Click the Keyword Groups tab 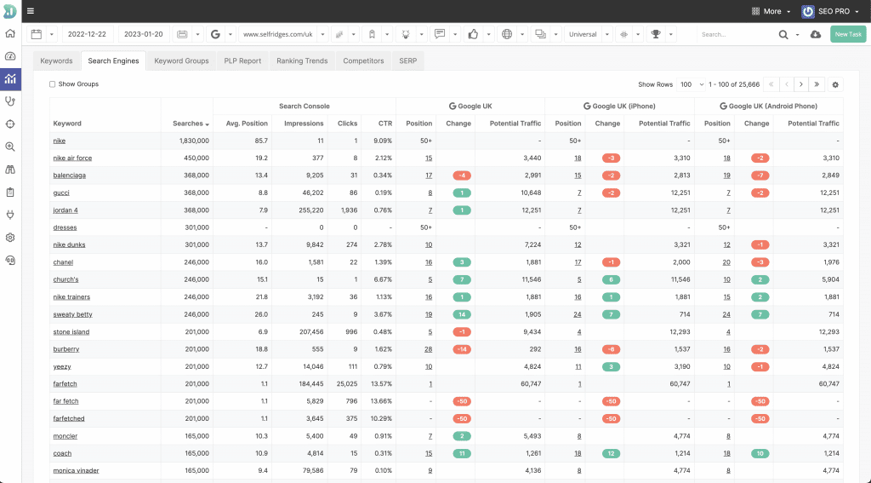(181, 61)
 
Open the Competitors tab (363, 61)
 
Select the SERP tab (407, 61)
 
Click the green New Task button (848, 34)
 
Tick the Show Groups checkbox (53, 84)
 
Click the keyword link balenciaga (69, 175)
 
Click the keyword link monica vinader (76, 470)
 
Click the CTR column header (385, 124)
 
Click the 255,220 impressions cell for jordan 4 (307, 210)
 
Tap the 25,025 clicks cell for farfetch (346, 384)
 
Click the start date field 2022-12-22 (87, 34)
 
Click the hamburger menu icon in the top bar (31, 11)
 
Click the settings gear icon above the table (834, 84)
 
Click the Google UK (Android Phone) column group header (768, 106)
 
